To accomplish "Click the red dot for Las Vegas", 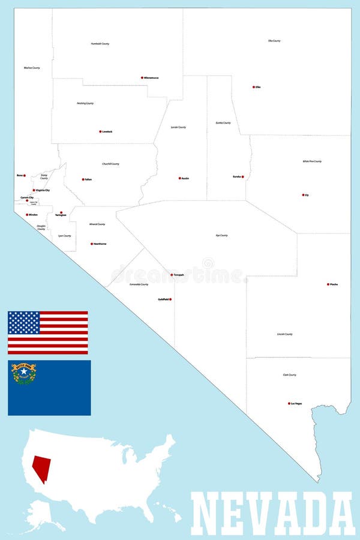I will pyautogui.click(x=289, y=403).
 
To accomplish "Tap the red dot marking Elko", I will pyautogui.click(x=253, y=87).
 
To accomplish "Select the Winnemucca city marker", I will pyautogui.click(x=142, y=77).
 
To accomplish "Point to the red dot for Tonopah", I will pyautogui.click(x=172, y=275).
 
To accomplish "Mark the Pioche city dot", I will pyautogui.click(x=328, y=284).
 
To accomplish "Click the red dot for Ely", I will pyautogui.click(x=303, y=194).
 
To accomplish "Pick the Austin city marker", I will pyautogui.click(x=179, y=178).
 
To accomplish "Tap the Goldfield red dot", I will pyautogui.click(x=170, y=299).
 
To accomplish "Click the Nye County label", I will pyautogui.click(x=222, y=235).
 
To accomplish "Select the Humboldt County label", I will pyautogui.click(x=100, y=44).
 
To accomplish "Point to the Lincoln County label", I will pyautogui.click(x=285, y=334).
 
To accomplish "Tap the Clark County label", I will pyautogui.click(x=289, y=375).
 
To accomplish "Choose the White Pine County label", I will pyautogui.click(x=312, y=161).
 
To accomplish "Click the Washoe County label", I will pyautogui.click(x=32, y=68).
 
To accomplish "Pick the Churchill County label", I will pyautogui.click(x=110, y=164).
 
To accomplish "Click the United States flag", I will pyautogui.click(x=48, y=332).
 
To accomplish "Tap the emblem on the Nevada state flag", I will pyautogui.click(x=24, y=373).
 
